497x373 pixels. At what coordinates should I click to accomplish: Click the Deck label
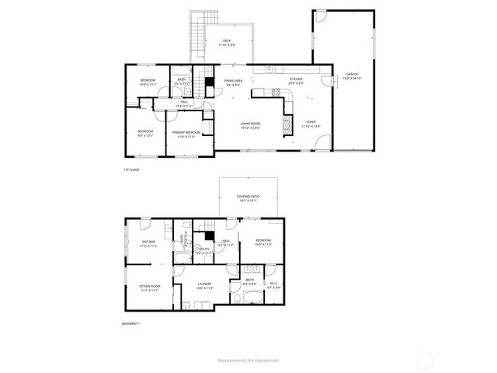click(x=227, y=42)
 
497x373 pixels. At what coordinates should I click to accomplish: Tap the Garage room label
click(x=352, y=75)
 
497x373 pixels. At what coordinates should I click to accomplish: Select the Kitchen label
click(x=297, y=80)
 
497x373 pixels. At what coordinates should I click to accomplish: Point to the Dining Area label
click(x=233, y=82)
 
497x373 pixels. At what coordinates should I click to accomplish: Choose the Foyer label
click(x=311, y=123)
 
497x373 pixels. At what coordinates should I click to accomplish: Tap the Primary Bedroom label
click(x=186, y=134)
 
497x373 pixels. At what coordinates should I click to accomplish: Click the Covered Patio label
click(x=248, y=198)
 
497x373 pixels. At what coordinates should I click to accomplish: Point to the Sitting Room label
click(x=149, y=288)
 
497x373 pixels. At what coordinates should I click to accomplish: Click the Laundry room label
click(x=205, y=285)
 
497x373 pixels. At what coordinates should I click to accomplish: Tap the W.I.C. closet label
click(x=273, y=285)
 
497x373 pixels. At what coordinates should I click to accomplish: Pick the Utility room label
click(x=203, y=252)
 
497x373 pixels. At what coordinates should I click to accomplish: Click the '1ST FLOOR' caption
click(x=130, y=169)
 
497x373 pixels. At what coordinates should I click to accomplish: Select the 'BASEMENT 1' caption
click(x=132, y=323)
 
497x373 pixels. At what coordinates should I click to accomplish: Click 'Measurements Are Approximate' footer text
click(x=248, y=361)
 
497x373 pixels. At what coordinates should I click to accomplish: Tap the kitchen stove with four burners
click(x=276, y=93)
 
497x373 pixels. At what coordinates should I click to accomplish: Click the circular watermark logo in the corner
click(x=426, y=360)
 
